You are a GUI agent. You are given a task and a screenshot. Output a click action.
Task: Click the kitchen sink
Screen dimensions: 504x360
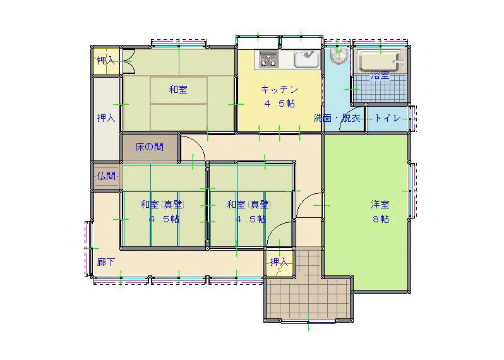306,59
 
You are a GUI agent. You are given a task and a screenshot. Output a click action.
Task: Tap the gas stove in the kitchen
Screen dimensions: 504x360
268,59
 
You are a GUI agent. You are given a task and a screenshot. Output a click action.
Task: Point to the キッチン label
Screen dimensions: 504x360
279,89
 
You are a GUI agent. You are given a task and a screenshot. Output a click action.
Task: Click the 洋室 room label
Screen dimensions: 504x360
380,205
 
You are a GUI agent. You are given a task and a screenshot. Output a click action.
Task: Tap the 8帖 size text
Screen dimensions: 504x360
381,219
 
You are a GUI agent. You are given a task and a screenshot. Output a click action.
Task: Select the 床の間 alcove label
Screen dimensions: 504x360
150,147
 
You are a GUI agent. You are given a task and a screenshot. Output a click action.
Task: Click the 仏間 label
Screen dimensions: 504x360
106,176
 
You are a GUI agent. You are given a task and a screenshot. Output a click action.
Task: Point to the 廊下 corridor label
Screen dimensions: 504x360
106,262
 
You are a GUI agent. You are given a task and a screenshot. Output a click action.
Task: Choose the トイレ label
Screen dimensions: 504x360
388,118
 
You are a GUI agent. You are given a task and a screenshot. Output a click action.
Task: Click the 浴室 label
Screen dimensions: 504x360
380,76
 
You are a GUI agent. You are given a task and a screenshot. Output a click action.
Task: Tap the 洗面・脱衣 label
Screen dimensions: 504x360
337,118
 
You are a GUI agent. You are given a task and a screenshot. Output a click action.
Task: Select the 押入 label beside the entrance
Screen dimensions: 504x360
279,262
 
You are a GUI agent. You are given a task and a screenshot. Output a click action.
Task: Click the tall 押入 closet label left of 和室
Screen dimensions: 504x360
106,118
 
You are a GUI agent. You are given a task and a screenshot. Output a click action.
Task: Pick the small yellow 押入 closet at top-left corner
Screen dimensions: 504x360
106,61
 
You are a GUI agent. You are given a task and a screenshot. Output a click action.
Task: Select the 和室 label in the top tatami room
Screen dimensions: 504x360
178,89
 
